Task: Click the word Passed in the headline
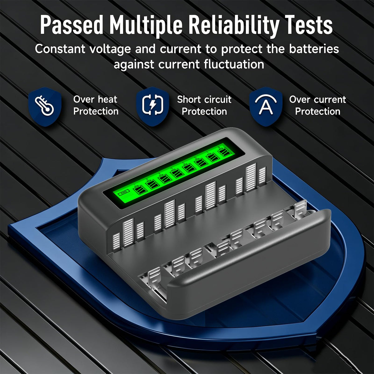71,26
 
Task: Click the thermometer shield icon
45,107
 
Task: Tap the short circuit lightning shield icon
152,107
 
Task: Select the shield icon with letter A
266,107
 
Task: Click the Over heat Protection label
96,105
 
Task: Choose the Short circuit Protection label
204,105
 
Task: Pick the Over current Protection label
318,105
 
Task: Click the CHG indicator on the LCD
124,192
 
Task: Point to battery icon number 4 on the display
177,172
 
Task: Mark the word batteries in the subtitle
314,49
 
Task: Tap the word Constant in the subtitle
60,49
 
